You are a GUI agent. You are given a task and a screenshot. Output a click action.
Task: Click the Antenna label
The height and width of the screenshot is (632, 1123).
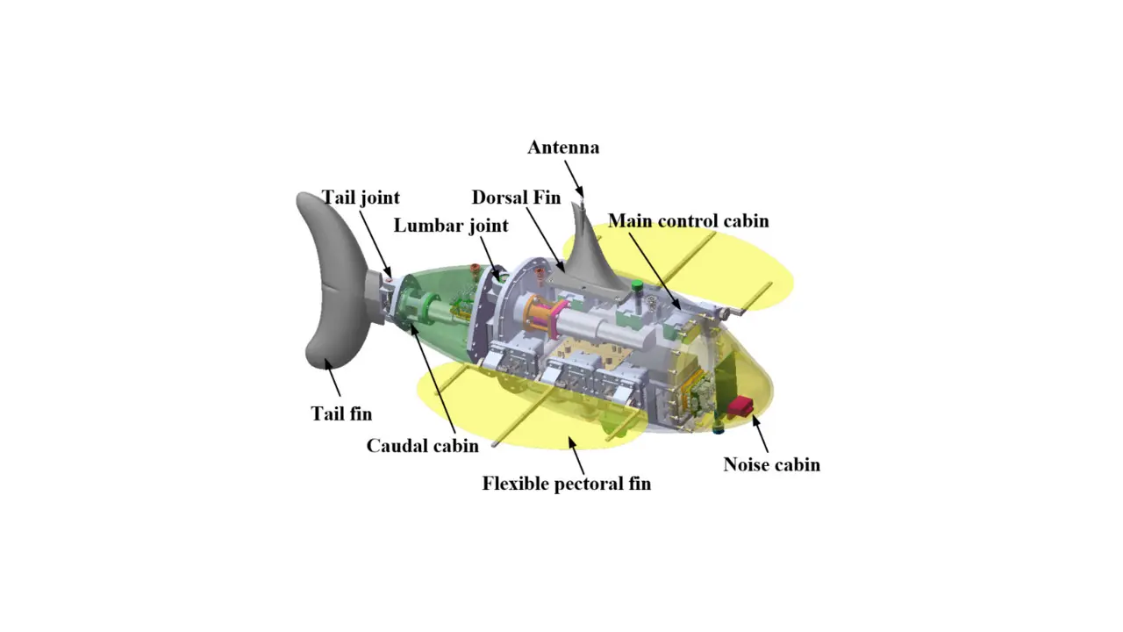point(563,147)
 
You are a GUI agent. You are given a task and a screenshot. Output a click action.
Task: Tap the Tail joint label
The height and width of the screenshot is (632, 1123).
point(361,197)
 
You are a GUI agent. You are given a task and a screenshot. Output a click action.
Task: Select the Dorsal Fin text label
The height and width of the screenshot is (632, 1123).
point(516,197)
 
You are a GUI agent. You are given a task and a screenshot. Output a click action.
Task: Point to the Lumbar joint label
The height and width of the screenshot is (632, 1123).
point(451,226)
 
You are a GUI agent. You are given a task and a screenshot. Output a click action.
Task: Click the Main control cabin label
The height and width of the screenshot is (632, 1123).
point(689,220)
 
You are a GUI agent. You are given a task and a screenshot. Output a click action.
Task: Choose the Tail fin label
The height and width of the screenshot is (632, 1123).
point(341,413)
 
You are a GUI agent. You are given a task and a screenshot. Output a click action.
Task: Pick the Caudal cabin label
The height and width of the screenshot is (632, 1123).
point(422,445)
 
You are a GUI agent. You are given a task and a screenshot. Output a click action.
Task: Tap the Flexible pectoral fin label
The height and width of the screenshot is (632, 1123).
point(567,484)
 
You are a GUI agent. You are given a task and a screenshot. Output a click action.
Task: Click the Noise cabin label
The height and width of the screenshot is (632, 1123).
point(771,464)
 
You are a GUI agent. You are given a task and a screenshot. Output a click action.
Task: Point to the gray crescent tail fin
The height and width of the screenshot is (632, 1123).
point(333,281)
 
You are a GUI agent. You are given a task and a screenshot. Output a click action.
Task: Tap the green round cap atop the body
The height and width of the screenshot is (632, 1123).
point(637,286)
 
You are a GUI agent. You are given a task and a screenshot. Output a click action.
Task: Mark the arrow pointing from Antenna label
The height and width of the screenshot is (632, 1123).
point(574,178)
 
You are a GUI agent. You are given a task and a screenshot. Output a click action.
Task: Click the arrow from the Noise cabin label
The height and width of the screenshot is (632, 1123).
point(760,434)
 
